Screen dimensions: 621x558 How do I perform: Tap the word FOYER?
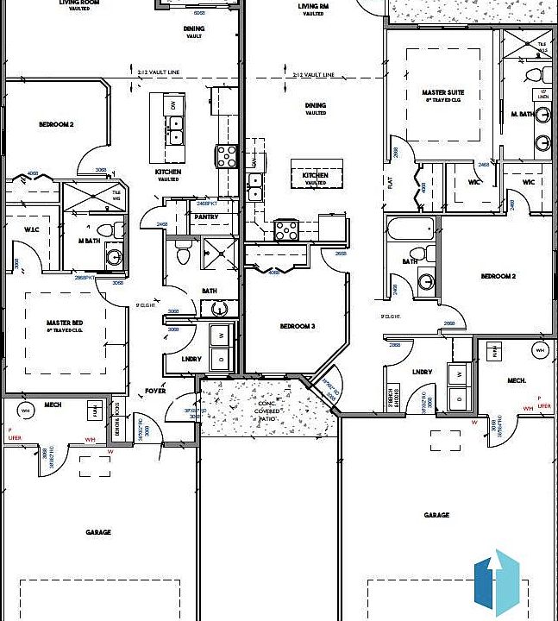click(x=155, y=391)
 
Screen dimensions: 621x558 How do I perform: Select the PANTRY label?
click(x=205, y=216)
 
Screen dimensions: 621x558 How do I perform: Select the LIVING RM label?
click(x=312, y=7)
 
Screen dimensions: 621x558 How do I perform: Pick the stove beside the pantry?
click(x=227, y=156)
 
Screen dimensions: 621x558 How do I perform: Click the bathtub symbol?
click(x=410, y=230)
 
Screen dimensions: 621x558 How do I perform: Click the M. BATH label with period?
click(x=520, y=114)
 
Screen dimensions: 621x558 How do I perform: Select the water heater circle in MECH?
click(x=26, y=408)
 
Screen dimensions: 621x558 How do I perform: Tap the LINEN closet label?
click(x=543, y=94)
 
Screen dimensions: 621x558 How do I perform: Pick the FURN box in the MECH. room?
click(x=495, y=351)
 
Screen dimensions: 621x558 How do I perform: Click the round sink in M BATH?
click(x=113, y=256)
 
